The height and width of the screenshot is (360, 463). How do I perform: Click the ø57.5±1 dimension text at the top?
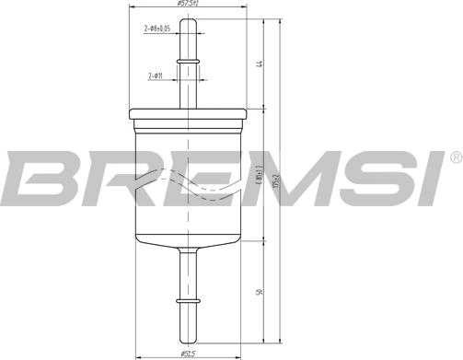coord(189,5)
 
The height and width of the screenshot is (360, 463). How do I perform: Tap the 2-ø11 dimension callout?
coord(157,75)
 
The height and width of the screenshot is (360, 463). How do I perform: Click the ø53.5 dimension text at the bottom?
coord(188,354)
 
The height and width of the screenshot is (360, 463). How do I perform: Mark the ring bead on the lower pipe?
coord(188,300)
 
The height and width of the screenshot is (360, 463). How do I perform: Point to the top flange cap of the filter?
coord(189,114)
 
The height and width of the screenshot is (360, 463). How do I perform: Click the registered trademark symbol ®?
coord(455,158)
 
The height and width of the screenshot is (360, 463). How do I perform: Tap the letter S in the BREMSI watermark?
coord(373,180)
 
